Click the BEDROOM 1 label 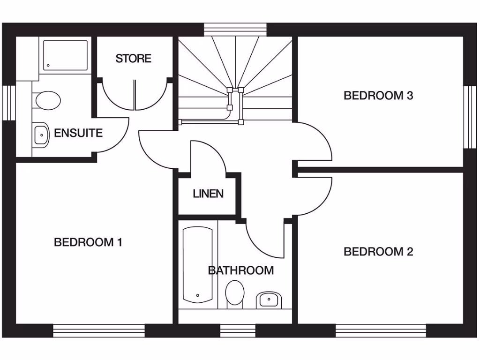tap(88, 242)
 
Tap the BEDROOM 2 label tap(378, 252)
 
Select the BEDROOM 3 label tap(378, 96)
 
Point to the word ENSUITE tap(78, 133)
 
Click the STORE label tap(134, 59)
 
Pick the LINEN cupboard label tap(208, 193)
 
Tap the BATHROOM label tap(241, 270)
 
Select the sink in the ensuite tap(41, 135)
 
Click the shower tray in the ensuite tap(66, 55)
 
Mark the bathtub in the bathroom tap(197, 265)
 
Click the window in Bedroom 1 tap(99, 330)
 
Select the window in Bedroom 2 tap(381, 330)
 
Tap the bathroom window tap(237, 330)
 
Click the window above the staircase tap(236, 29)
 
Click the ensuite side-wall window tap(9, 102)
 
